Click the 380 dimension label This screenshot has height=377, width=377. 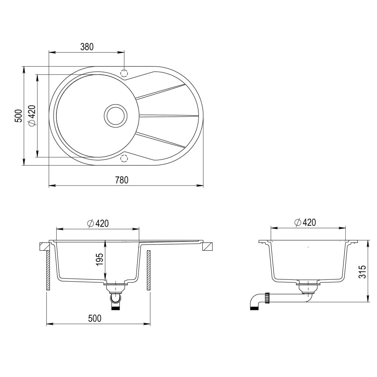coord(87,47)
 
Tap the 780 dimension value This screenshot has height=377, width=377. coord(121,180)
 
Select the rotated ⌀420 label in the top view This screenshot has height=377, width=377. coord(32,116)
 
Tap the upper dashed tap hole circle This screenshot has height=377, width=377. coord(124,73)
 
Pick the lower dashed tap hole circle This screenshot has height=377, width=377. coord(124,159)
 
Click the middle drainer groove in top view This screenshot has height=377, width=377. coord(168,116)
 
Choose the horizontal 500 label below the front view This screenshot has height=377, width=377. coord(95,318)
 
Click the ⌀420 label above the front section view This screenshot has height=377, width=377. coord(98,223)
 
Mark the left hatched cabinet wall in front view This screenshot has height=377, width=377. coord(48,271)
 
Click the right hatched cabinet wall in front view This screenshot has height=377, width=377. coord(149,271)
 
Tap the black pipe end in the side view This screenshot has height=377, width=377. coord(254,307)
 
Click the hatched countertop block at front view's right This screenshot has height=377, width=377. coord(208,246)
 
